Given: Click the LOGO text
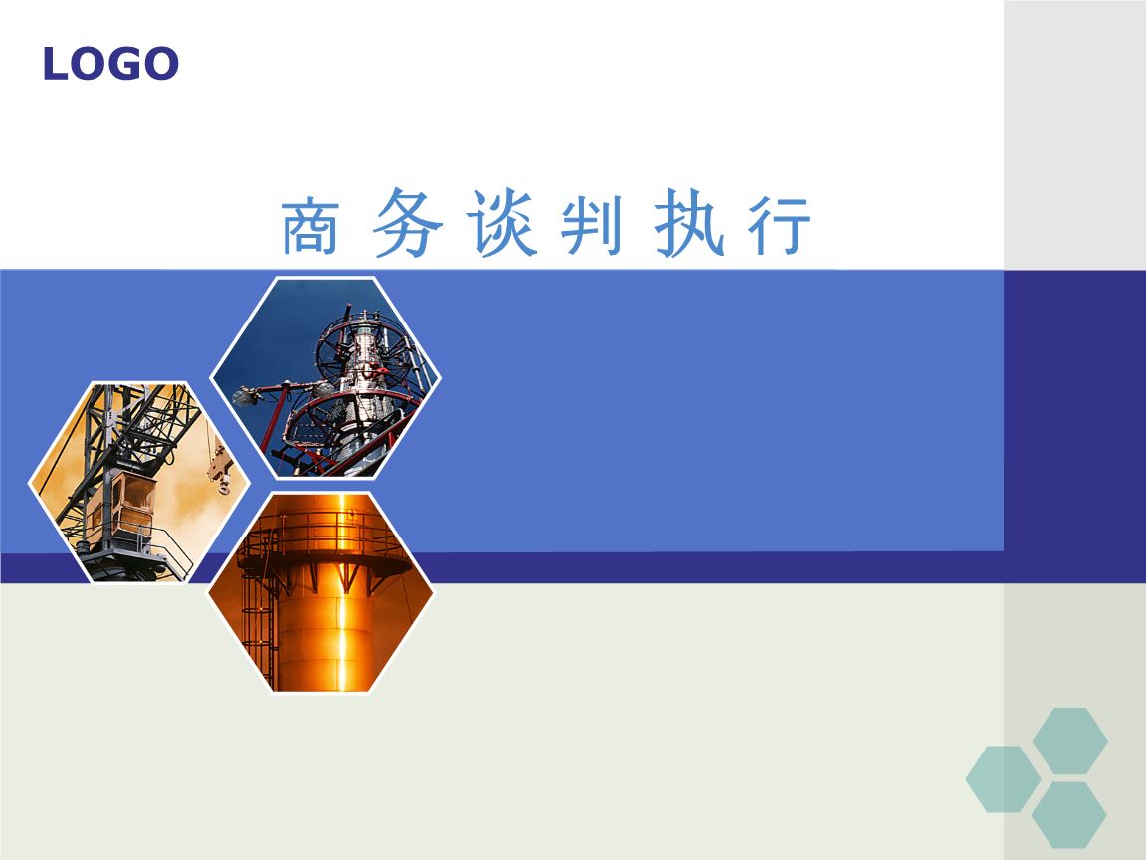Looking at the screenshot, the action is tap(110, 63).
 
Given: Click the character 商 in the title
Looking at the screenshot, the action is tap(310, 225).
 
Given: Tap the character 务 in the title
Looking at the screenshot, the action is tap(406, 222).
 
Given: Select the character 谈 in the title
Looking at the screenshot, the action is tap(502, 223).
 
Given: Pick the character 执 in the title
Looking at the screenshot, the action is tap(689, 222).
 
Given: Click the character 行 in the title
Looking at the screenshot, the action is tap(779, 225).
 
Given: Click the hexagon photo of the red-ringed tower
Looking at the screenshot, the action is tap(325, 377).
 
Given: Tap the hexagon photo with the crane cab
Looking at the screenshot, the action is tap(139, 482).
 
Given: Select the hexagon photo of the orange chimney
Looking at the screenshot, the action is tap(321, 591).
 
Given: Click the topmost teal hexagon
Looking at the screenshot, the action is tap(1069, 741).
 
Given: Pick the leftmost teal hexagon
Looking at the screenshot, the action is tap(1003, 779).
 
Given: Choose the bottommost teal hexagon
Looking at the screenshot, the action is tap(1068, 815).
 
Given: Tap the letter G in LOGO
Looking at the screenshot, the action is tap(125, 64).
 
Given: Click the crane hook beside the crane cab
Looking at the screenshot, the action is tap(220, 468).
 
